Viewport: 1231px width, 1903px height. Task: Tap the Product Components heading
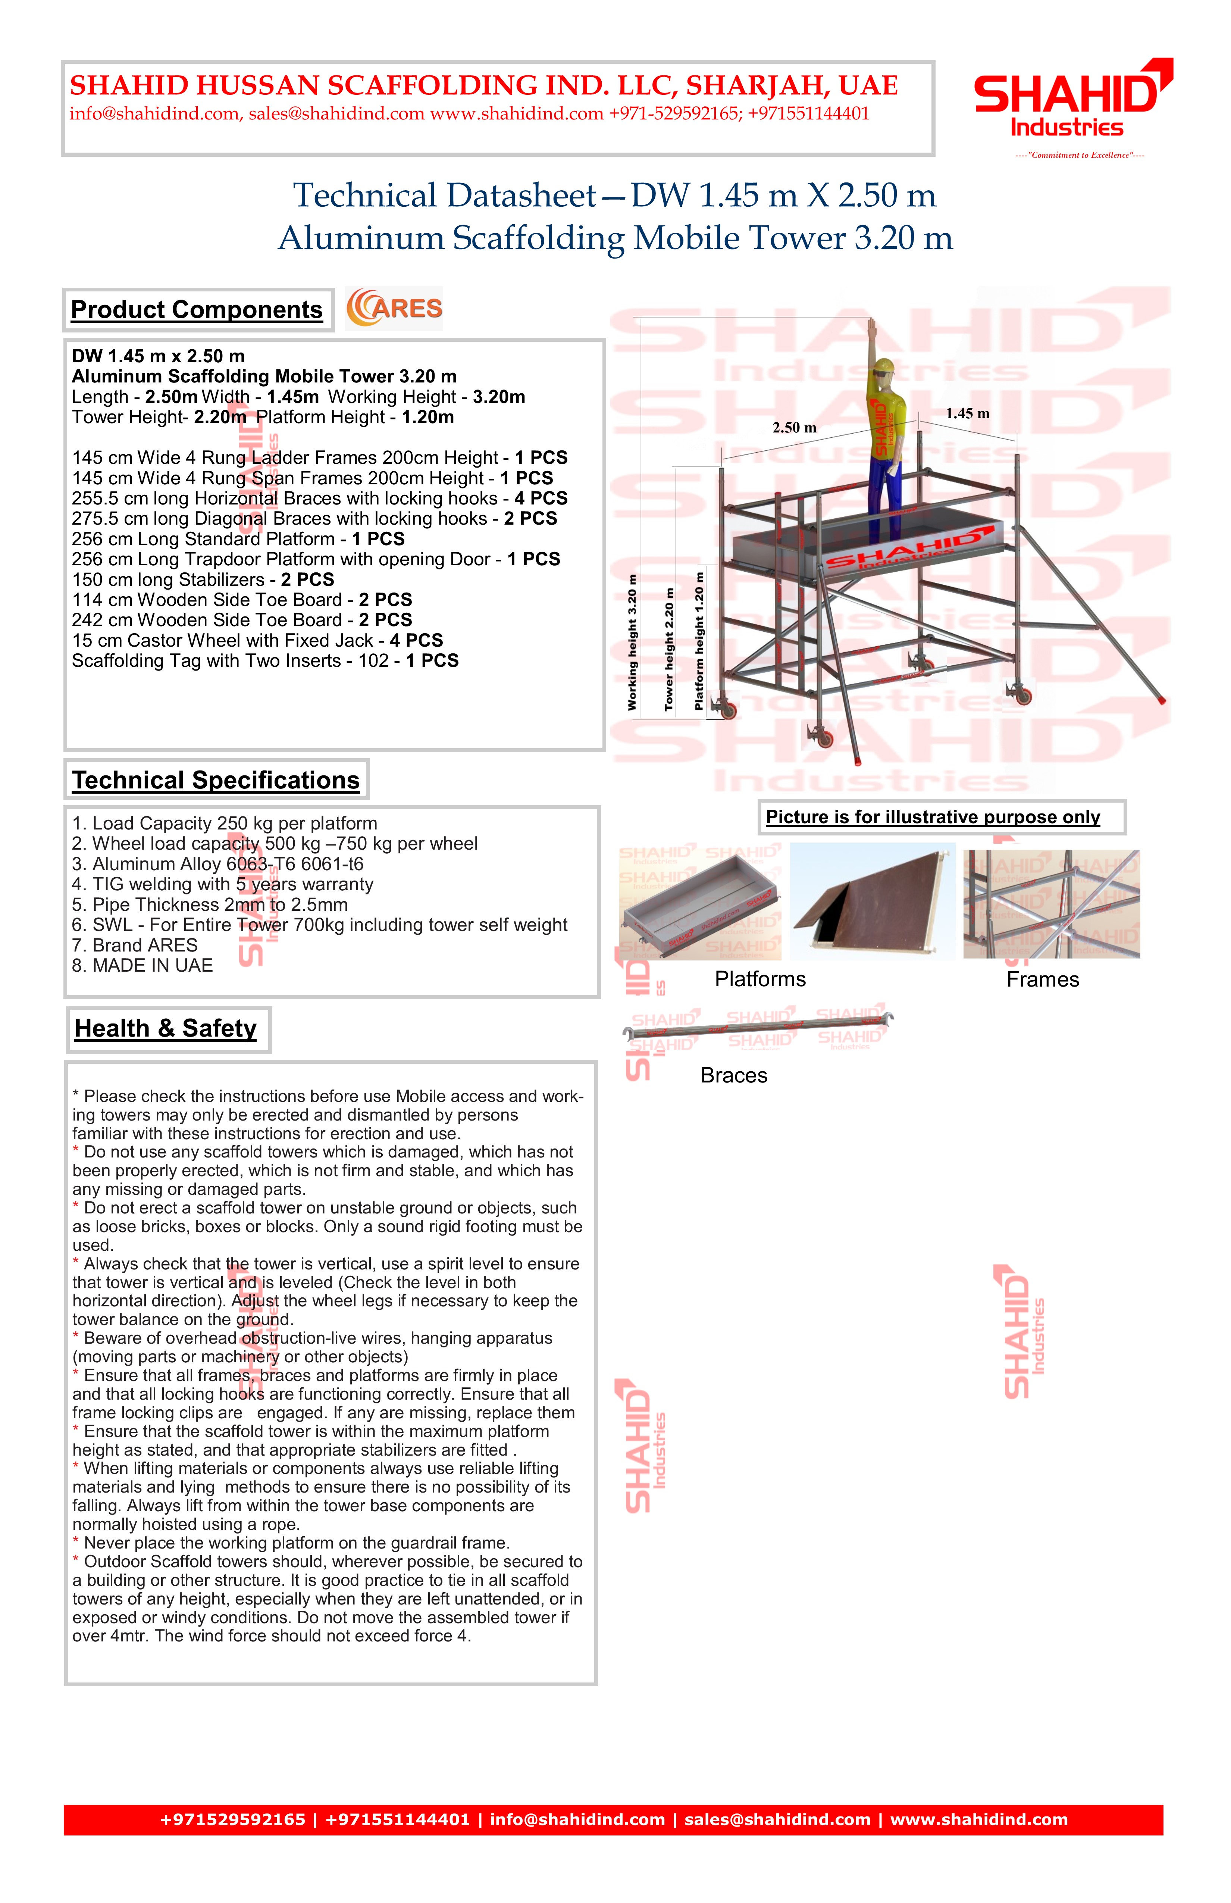tap(197, 309)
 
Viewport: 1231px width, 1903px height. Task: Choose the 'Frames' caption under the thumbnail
tap(1042, 979)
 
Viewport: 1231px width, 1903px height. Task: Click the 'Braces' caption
tap(734, 1075)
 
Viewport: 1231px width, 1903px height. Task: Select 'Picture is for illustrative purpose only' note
tap(933, 817)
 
